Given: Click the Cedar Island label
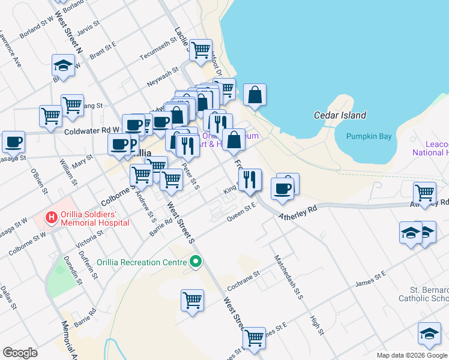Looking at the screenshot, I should [x=340, y=115].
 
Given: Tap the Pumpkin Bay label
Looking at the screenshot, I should [x=369, y=136].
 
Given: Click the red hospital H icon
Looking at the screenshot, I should [x=52, y=217].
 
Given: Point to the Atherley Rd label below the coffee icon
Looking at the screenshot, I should [x=297, y=211].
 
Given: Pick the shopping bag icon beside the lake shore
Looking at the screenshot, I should [x=255, y=95].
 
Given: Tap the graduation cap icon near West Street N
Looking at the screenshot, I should [x=63, y=65].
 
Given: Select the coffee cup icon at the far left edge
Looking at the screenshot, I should [x=13, y=142].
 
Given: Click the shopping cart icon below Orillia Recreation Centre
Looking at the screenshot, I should [x=192, y=299].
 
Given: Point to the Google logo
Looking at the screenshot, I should [x=20, y=353].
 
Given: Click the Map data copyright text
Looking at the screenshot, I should [x=411, y=355].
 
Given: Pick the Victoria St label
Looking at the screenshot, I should [x=85, y=237].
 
